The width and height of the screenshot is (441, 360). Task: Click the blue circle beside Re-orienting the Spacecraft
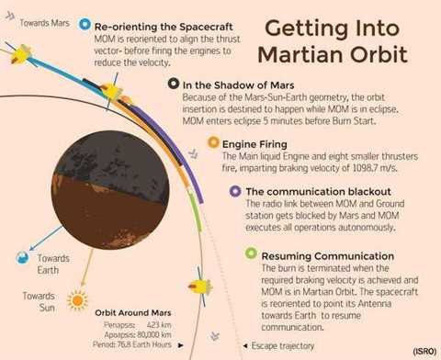click(x=85, y=24)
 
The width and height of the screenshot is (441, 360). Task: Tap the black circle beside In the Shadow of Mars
click(x=173, y=84)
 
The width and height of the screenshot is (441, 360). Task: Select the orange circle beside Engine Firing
click(x=213, y=143)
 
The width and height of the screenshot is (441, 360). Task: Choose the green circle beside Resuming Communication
click(x=250, y=253)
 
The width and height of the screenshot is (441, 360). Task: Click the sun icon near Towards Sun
click(x=78, y=300)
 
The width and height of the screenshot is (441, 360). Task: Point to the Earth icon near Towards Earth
click(x=24, y=260)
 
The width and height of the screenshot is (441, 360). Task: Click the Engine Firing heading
click(x=259, y=144)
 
